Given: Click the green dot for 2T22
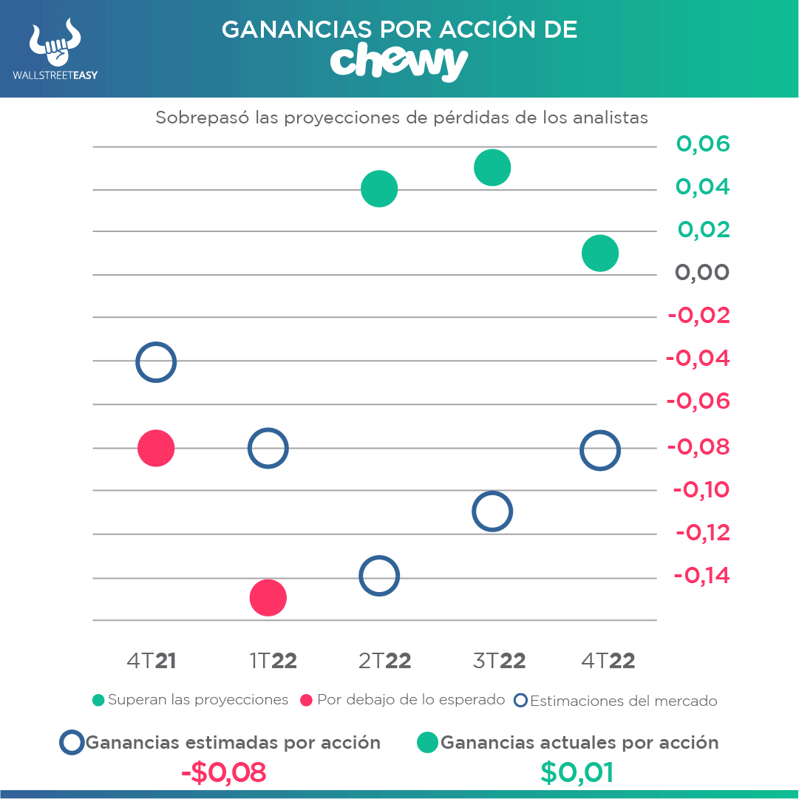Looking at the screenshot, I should tap(379, 189).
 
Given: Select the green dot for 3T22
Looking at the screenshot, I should tap(492, 167).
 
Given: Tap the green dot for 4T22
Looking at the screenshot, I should tap(599, 254).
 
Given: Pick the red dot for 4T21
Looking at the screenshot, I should tap(156, 448).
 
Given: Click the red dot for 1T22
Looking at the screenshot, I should tap(268, 597).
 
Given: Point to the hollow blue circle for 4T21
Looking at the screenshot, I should tap(155, 362).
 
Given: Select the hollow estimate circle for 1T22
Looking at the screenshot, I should tap(268, 448).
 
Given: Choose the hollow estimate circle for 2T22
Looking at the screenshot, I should tap(379, 576).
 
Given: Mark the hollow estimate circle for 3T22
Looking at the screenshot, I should tap(492, 511).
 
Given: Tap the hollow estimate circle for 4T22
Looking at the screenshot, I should tap(599, 450).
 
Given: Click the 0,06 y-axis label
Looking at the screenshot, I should tap(702, 143).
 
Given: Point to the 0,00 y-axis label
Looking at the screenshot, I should tap(701, 273).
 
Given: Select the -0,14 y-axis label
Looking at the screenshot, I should tap(701, 575).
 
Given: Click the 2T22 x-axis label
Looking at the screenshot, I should tap(384, 661).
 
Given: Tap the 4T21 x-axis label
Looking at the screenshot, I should tap(152, 661).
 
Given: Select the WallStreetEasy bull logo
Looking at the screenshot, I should tap(55, 44).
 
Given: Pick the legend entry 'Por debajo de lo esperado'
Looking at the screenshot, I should tap(403, 700).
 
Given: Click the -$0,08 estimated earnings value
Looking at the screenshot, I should tap(223, 772).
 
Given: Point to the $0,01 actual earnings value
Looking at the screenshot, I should tap(577, 772).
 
